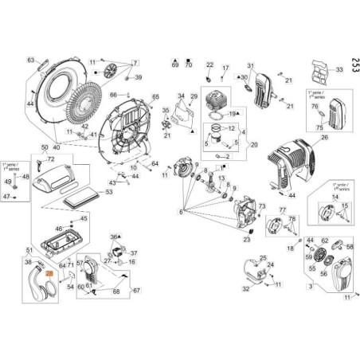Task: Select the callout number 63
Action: (x=30, y=60)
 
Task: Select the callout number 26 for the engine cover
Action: (x=324, y=137)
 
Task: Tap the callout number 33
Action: (x=338, y=70)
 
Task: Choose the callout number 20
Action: (x=253, y=145)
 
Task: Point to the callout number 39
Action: (x=138, y=77)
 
